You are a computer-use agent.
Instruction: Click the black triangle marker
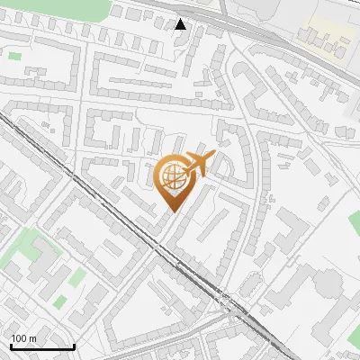coord(181,24)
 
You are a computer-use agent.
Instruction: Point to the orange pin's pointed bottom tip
coord(172,211)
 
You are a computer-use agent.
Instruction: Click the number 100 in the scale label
coord(19,338)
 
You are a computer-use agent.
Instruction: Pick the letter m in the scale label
coord(32,338)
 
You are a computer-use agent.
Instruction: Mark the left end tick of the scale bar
coord(11,346)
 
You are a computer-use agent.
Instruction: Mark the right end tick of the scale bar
coord(73,346)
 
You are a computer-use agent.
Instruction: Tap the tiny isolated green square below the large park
coord(14,56)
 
